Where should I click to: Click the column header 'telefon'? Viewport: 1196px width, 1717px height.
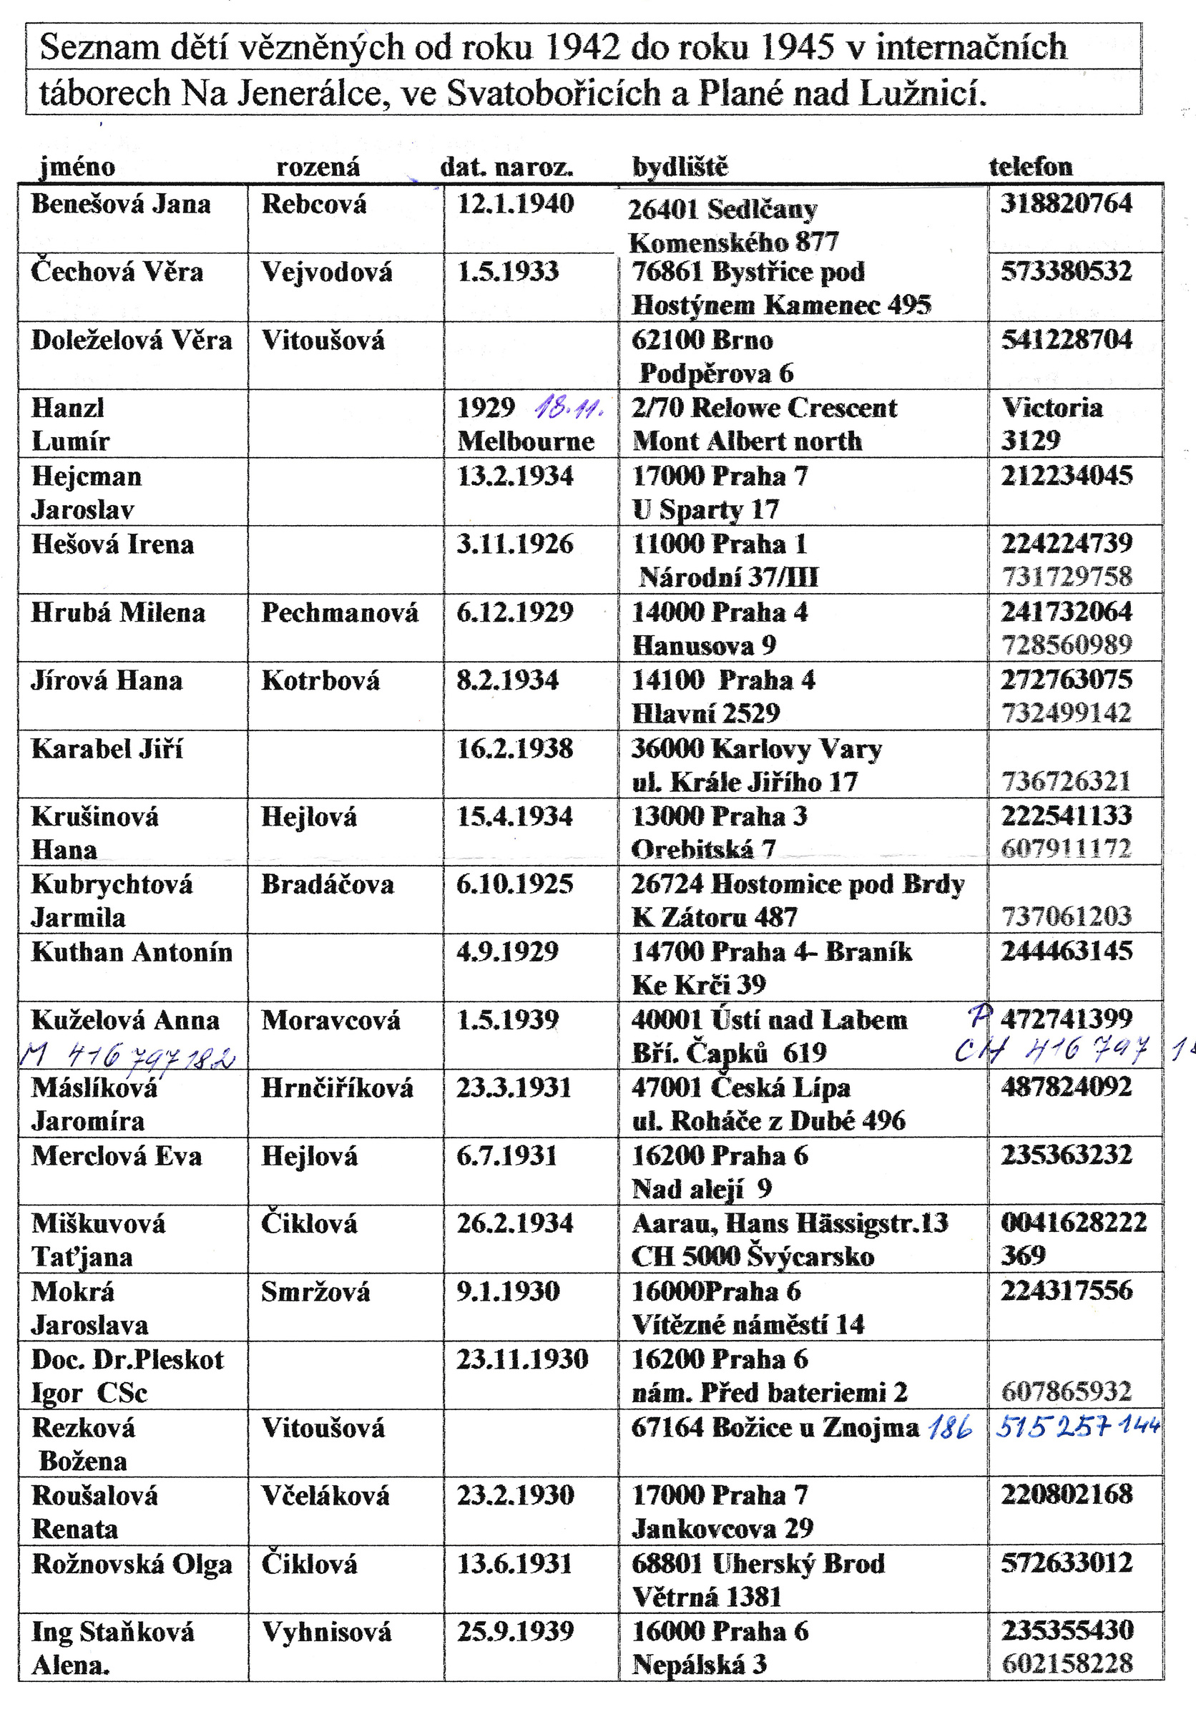1030,166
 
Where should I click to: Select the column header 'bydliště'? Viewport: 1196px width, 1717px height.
680,166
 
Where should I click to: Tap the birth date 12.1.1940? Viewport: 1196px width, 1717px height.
515,203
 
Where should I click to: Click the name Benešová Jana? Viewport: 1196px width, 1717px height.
121,204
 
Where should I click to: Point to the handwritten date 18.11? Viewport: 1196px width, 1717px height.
569,409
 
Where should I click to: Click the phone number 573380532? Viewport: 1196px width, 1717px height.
1067,270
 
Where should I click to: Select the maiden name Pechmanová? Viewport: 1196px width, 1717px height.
339,612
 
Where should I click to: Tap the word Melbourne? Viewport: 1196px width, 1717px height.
526,441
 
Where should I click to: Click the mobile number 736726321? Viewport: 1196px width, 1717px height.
1066,781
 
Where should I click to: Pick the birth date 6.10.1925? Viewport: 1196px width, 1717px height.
514,884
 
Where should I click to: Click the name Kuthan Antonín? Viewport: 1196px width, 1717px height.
132,952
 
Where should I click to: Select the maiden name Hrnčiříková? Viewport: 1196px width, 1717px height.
336,1088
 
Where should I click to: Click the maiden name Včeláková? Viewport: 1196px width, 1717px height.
325,1496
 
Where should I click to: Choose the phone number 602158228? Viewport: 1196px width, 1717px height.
1067,1664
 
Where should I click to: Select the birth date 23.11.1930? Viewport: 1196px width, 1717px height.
521,1359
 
